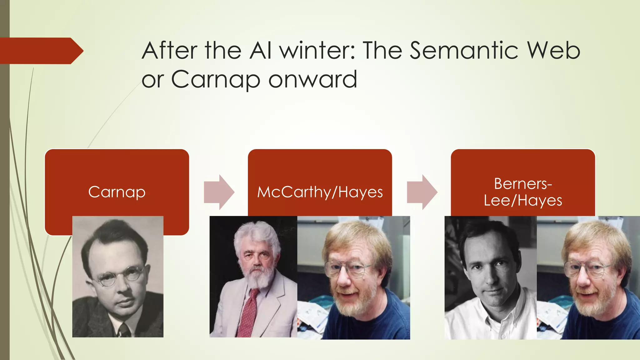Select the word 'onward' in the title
[312, 79]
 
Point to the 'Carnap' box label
[117, 192]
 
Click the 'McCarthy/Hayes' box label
[320, 192]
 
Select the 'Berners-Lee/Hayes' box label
[523, 192]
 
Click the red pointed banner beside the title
[41, 51]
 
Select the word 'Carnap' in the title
[215, 79]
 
